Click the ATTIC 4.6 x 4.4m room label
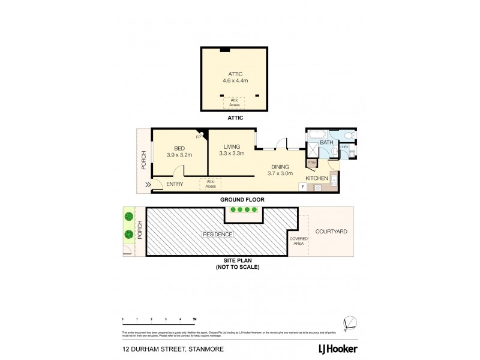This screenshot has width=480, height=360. [x=235, y=77]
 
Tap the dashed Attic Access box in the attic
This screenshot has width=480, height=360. [x=235, y=103]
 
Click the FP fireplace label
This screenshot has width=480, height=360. [x=199, y=136]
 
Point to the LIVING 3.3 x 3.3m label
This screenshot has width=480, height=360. [x=232, y=150]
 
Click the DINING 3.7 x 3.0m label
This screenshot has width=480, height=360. [x=280, y=170]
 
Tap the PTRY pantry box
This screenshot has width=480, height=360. [x=311, y=163]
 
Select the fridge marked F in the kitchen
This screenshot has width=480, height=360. [x=304, y=187]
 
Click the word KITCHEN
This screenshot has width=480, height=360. [x=317, y=179]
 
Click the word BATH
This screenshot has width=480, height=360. [x=326, y=143]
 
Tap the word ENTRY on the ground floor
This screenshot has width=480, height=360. [x=175, y=184]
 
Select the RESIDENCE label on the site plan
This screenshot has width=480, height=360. [x=217, y=234]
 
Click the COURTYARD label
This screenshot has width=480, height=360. [x=332, y=231]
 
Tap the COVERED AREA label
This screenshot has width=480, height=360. [x=299, y=241]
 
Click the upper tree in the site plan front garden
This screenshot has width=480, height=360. [x=128, y=217]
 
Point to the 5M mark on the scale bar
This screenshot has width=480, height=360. [x=194, y=319]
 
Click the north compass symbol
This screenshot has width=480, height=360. [x=351, y=322]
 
